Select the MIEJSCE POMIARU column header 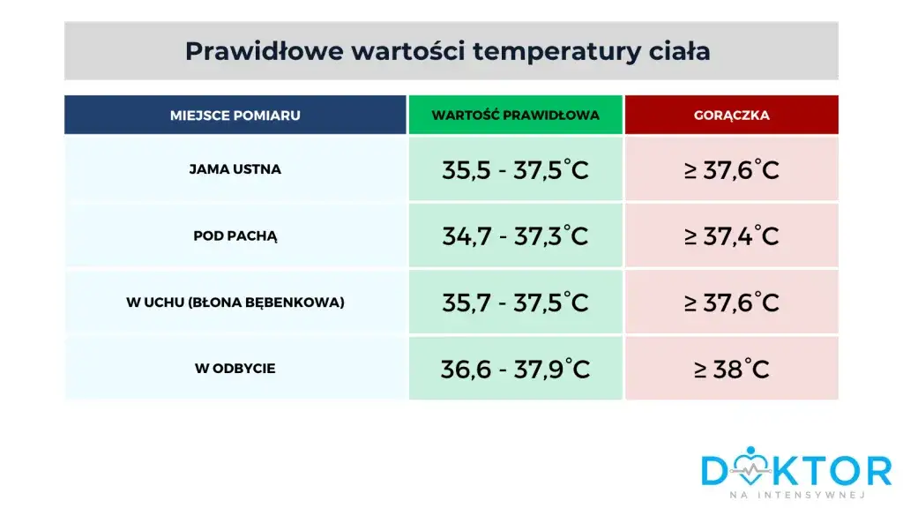click(x=235, y=116)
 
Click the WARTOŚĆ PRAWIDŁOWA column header click(x=516, y=116)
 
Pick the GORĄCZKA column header click(x=731, y=116)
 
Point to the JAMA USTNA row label click(x=235, y=169)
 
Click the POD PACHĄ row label click(x=235, y=236)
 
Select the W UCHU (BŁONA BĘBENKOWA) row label click(x=235, y=303)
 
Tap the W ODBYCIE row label click(x=235, y=369)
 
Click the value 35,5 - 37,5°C click(x=516, y=169)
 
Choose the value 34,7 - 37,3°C click(x=516, y=236)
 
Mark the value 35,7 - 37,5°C click(x=516, y=303)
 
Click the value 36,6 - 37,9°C click(x=516, y=369)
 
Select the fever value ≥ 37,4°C click(x=731, y=236)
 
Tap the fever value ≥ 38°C click(x=731, y=369)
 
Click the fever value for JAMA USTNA click(x=731, y=169)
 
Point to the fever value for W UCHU click(x=731, y=303)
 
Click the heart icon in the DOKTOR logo click(x=750, y=467)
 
